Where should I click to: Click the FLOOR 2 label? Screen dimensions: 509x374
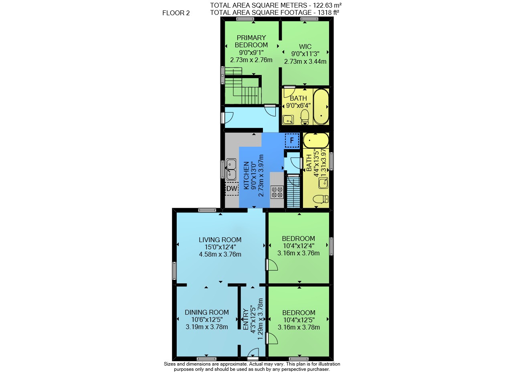click(x=176, y=13)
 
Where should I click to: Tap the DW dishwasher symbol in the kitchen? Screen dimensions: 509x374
click(x=232, y=188)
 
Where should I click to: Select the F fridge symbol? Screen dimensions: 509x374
click(x=292, y=140)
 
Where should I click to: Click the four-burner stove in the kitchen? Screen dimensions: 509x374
click(x=277, y=192)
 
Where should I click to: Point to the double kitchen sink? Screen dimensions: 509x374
click(x=231, y=170)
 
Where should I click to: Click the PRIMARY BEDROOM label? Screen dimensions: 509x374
click(x=251, y=41)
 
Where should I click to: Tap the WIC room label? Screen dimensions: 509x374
click(x=305, y=46)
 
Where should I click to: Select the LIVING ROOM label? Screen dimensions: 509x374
click(x=220, y=240)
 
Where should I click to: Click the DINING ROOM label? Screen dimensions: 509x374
click(x=207, y=312)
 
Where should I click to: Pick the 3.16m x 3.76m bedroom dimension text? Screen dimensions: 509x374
click(x=299, y=253)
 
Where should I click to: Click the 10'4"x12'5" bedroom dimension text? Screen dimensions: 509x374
click(x=299, y=320)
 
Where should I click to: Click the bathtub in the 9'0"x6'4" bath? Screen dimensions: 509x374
click(x=321, y=107)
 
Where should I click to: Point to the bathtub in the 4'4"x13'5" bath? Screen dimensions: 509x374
click(x=316, y=141)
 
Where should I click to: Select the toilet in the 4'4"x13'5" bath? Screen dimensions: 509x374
click(x=321, y=199)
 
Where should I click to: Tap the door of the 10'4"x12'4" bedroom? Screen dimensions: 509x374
click(x=272, y=265)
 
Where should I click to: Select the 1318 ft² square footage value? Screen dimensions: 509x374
click(x=328, y=12)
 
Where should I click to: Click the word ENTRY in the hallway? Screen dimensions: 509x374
click(x=246, y=319)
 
